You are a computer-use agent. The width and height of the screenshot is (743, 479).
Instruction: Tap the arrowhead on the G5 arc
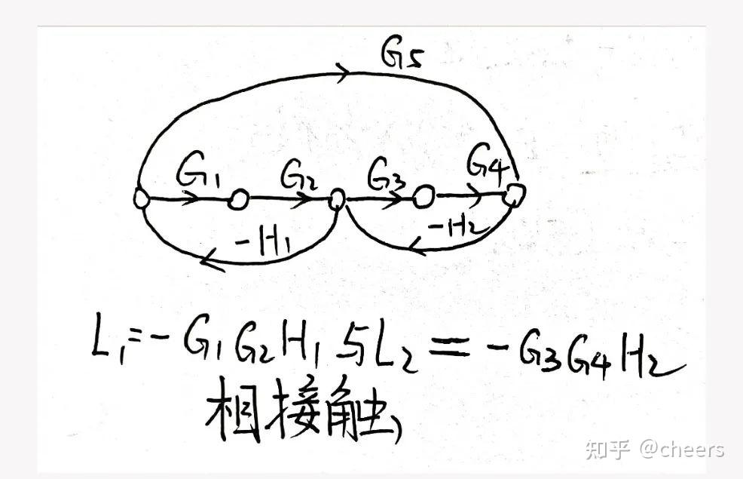[344, 72]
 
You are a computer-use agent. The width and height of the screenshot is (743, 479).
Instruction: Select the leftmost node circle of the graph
[141, 198]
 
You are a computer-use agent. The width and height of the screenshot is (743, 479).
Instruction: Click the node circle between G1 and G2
[238, 199]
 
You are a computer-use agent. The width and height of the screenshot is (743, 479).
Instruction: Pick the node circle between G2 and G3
[337, 199]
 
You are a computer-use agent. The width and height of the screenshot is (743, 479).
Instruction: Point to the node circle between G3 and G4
[423, 198]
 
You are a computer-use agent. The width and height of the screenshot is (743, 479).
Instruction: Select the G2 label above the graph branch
[296, 178]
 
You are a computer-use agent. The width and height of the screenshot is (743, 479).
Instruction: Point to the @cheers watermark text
[683, 450]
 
